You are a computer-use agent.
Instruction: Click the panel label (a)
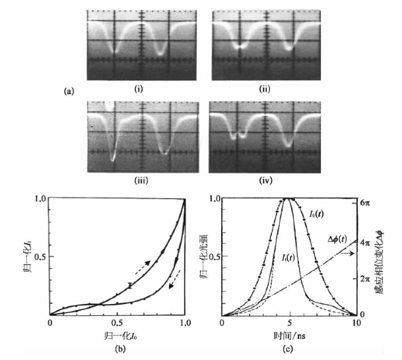point(69,92)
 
